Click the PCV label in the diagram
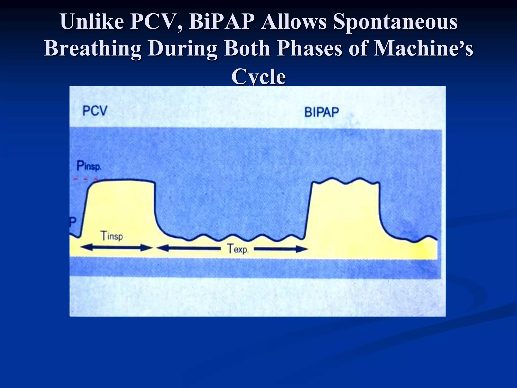coord(95,111)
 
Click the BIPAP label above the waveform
coord(321,112)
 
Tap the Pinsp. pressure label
coord(89,166)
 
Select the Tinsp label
coord(112,236)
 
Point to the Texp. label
coord(238,249)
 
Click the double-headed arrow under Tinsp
coord(116,248)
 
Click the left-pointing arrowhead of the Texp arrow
coord(162,248)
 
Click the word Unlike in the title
coord(92,22)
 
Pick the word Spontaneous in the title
coord(395,22)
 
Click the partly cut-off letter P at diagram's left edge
coord(73,222)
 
